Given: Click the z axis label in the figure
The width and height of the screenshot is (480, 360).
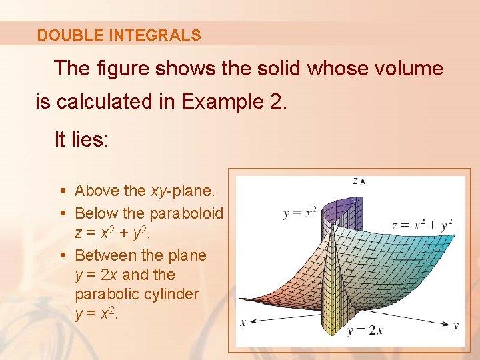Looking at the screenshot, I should tap(355, 180).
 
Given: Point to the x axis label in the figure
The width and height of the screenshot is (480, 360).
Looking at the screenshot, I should tap(243, 323).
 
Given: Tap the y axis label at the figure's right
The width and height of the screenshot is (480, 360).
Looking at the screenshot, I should tap(456, 325).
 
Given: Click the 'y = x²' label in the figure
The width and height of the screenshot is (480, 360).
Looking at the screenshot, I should tap(300, 213).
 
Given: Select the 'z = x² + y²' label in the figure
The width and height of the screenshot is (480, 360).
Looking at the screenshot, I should tap(422, 225).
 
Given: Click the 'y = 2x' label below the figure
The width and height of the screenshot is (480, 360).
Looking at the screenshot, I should tap(365, 330).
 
